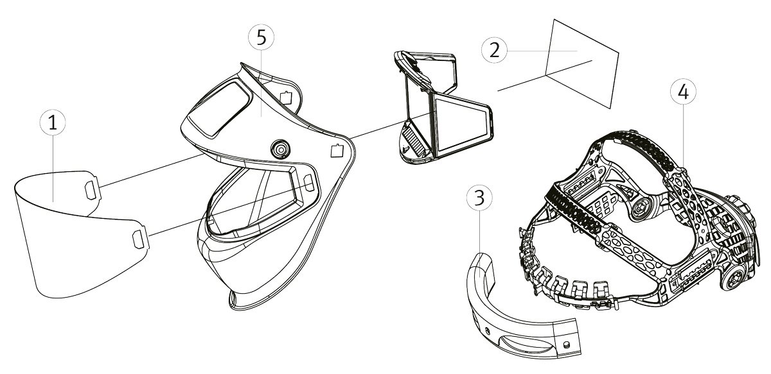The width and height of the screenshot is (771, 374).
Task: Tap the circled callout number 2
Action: click(x=494, y=50)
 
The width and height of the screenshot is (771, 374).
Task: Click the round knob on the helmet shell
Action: click(x=280, y=148)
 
